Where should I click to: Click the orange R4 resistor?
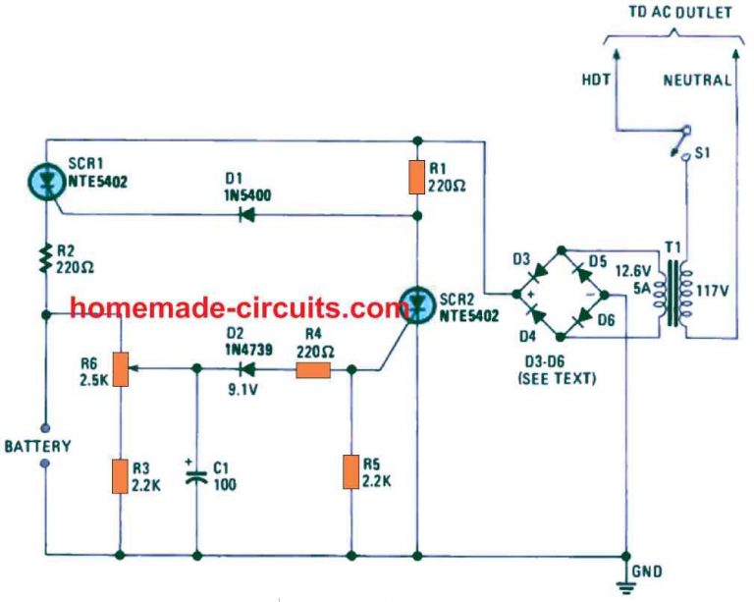pyautogui.click(x=313, y=370)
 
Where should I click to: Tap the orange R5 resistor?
pyautogui.click(x=350, y=471)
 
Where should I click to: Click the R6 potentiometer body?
pyautogui.click(x=120, y=369)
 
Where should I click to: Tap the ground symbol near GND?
pyautogui.click(x=624, y=585)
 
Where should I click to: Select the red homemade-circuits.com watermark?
pyautogui.click(x=241, y=309)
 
